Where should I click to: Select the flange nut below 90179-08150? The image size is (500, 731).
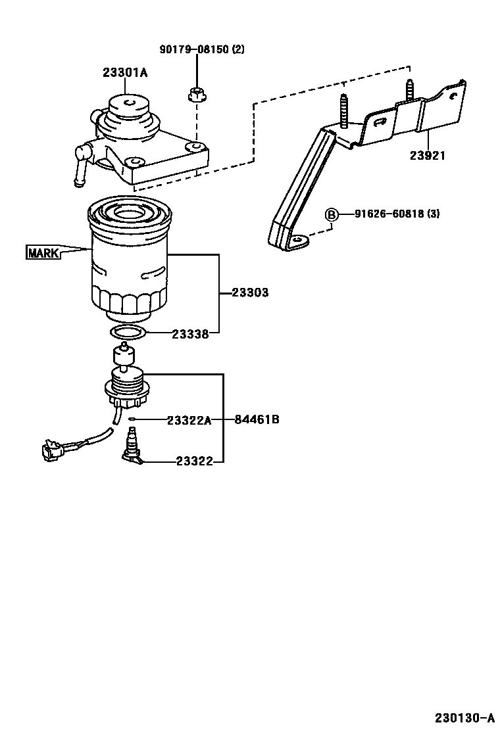[196, 95]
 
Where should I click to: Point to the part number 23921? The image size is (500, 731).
[428, 156]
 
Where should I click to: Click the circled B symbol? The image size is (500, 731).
[332, 214]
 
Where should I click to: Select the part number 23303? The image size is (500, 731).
[250, 293]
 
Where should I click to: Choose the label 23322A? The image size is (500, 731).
[189, 420]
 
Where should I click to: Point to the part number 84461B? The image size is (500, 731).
[257, 419]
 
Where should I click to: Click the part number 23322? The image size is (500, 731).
[195, 461]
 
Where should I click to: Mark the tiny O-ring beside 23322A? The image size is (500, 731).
[132, 419]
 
